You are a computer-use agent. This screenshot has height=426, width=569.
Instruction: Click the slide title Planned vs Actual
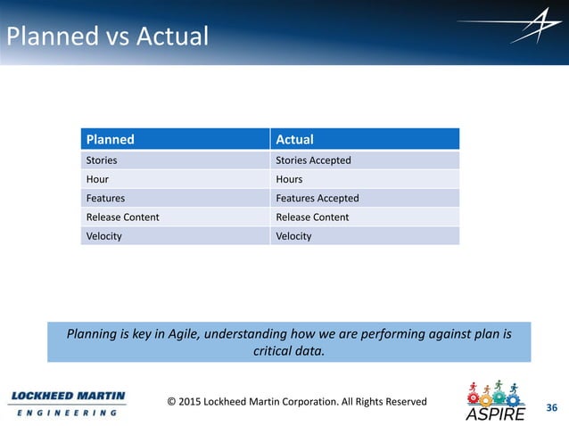pos(107,37)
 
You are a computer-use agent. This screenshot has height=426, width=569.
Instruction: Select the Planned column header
pos(110,139)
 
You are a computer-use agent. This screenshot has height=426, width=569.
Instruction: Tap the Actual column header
pos(294,139)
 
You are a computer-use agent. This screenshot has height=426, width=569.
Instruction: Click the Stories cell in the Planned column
pos(101,160)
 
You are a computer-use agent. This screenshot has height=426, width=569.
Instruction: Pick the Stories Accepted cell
pos(313,160)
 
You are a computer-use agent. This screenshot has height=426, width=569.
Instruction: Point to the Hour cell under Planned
pos(97,179)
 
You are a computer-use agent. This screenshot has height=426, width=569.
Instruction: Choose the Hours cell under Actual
pos(290,179)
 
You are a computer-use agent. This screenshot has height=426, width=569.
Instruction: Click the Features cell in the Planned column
pos(105,198)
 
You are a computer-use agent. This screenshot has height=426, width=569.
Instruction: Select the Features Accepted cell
pos(317,198)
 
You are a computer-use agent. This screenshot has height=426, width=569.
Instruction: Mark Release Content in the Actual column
pos(312,217)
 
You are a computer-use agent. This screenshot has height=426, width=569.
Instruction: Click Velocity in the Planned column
pos(103,236)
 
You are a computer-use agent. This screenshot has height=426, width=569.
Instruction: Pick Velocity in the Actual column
pos(293,236)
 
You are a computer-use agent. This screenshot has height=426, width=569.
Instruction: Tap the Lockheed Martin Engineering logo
pos(67,403)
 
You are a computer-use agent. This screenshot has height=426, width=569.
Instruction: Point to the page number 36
pos(551,408)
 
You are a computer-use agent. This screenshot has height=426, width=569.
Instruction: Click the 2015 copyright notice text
pos(297,401)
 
